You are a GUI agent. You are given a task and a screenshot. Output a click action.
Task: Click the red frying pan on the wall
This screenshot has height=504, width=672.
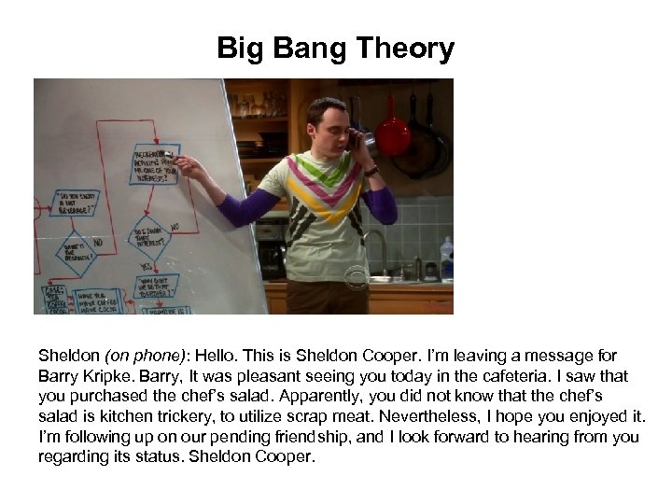tap(393, 134)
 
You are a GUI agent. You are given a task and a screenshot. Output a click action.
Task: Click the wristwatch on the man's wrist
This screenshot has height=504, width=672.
tap(371, 171)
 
